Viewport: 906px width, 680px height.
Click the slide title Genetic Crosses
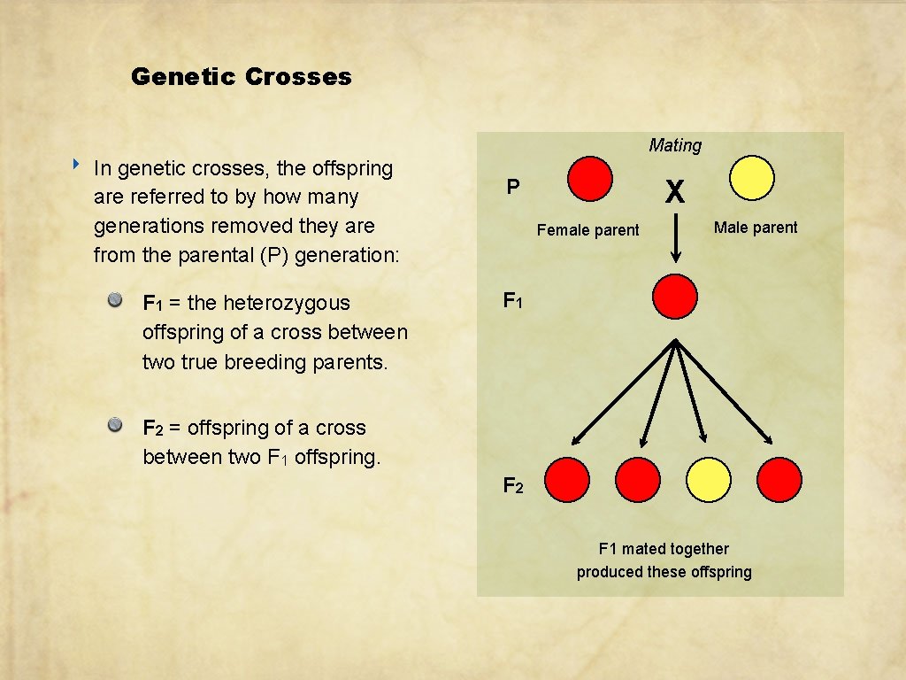tap(241, 77)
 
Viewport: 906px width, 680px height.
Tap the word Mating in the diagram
tap(674, 145)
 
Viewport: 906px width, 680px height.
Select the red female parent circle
tap(589, 179)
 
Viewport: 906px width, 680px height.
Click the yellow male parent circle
tap(752, 179)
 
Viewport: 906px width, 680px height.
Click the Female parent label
tap(587, 230)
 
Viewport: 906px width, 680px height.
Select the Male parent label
tap(756, 228)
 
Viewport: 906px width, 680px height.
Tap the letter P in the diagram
tap(512, 188)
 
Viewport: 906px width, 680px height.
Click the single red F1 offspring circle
tap(675, 296)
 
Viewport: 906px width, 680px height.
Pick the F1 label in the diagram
tap(513, 301)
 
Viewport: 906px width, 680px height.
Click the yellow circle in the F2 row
tap(709, 480)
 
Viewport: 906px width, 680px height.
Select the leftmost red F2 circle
tap(567, 480)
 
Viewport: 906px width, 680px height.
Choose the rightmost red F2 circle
tap(779, 480)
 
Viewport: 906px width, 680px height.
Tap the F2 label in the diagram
tap(513, 485)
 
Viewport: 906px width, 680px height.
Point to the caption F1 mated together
tap(664, 549)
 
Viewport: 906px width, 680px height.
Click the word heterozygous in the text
tap(287, 303)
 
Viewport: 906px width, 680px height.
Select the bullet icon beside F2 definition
tap(115, 426)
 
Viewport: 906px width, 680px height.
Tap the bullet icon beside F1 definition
tap(115, 301)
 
